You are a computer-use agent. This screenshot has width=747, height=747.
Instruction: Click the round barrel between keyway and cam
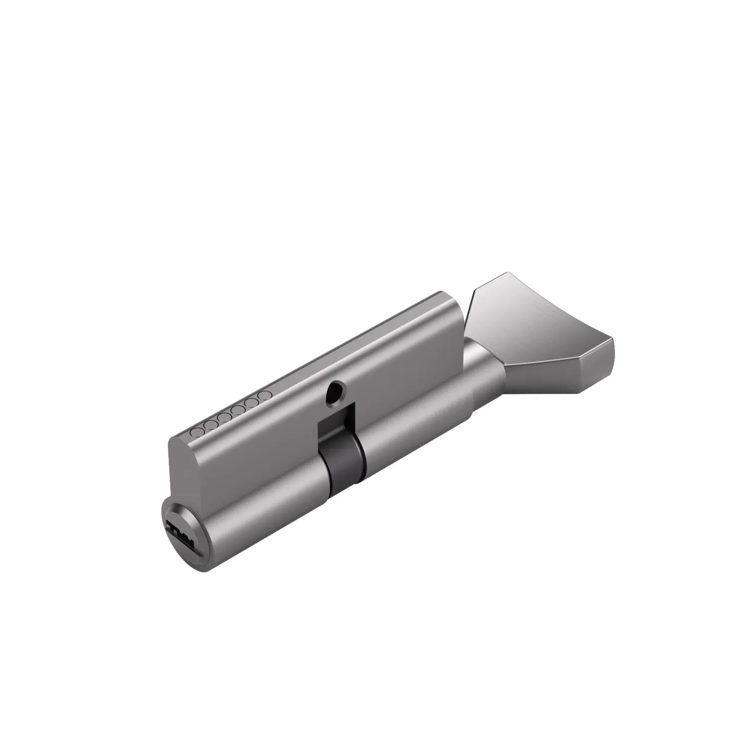click(x=269, y=503)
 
